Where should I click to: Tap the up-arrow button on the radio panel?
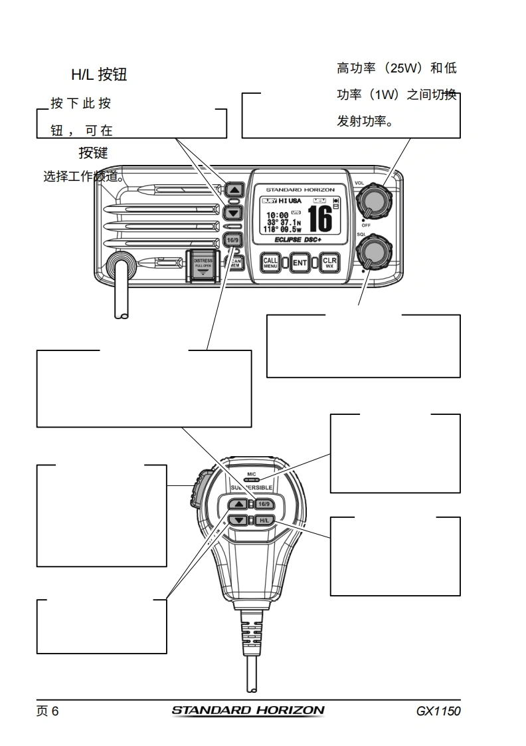[232, 189]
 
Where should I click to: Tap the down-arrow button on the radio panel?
[232, 213]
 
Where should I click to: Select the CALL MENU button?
[271, 263]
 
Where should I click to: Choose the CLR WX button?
[329, 263]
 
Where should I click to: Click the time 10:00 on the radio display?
[277, 215]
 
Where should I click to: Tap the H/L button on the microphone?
[264, 520]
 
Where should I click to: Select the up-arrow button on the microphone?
[240, 503]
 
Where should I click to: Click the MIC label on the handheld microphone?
[251, 474]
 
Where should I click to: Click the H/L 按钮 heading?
[99, 75]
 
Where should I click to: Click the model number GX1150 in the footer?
[438, 711]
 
